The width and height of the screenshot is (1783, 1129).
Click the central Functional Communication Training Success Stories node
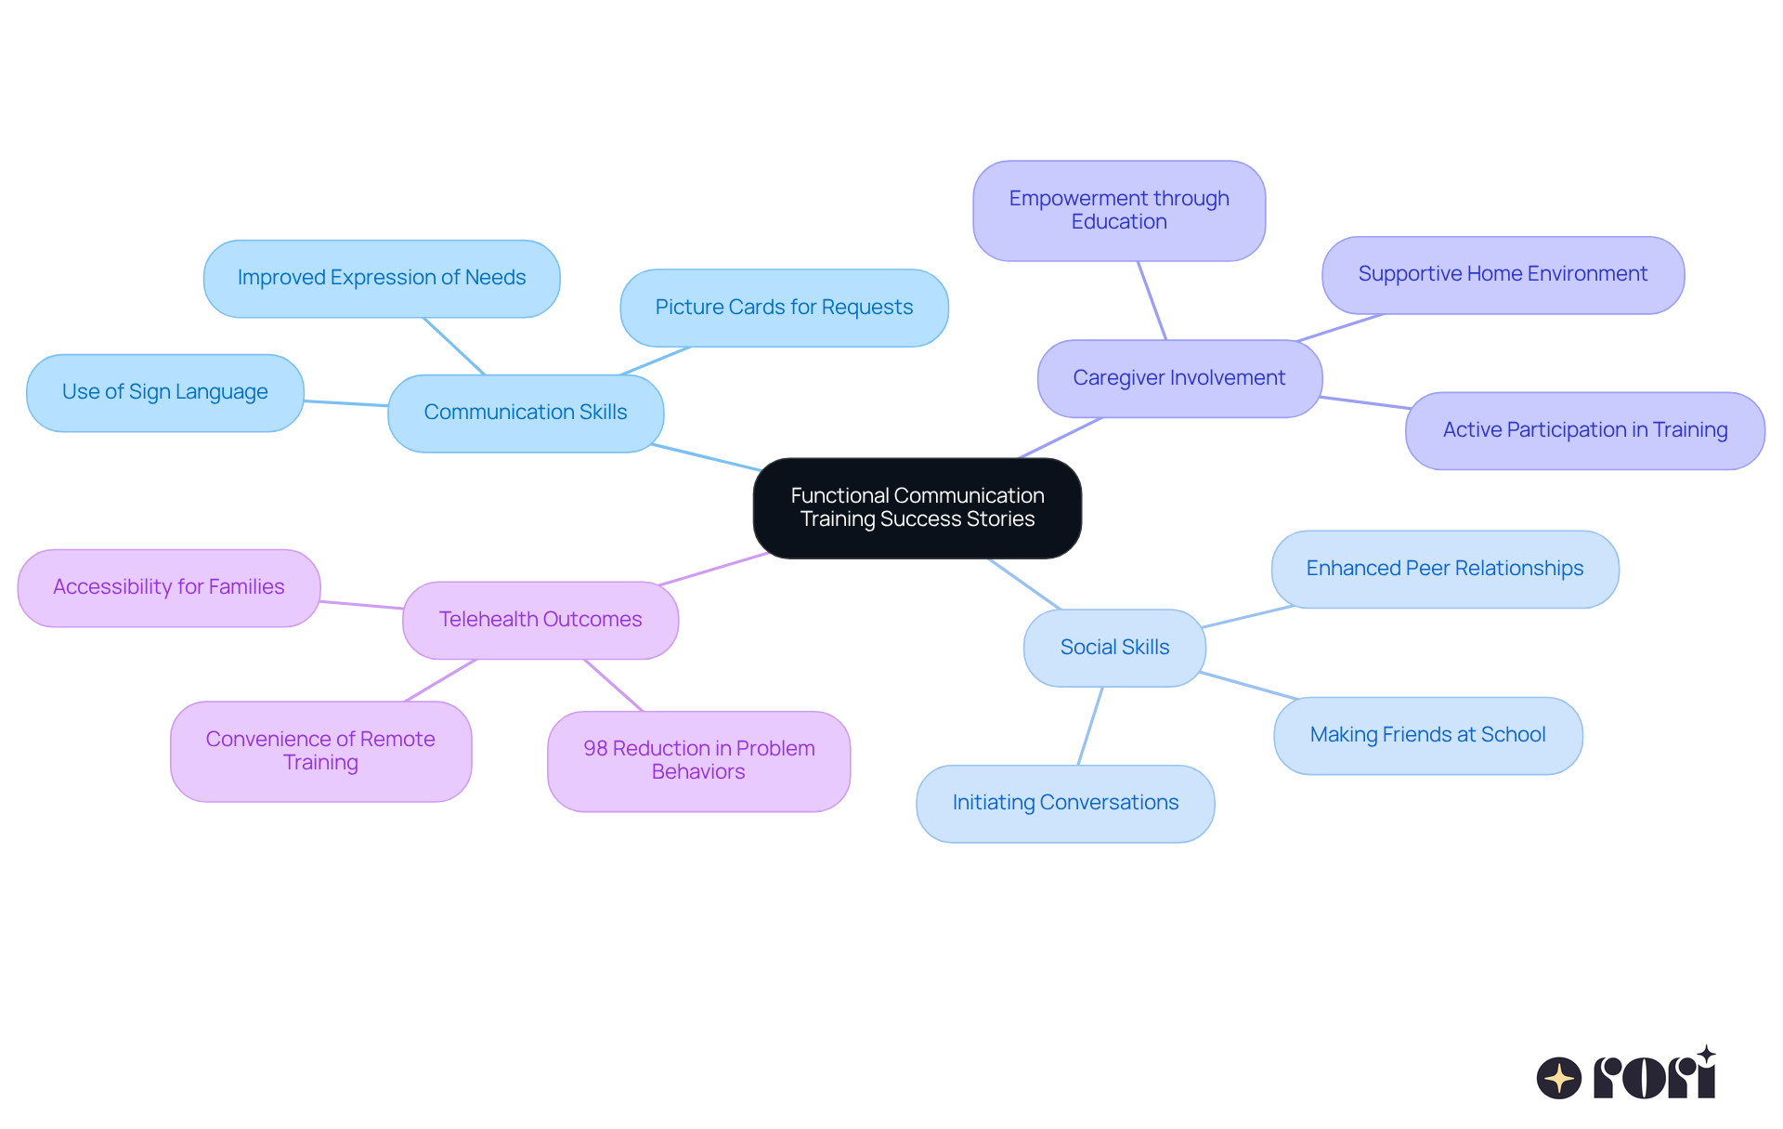pyautogui.click(x=917, y=507)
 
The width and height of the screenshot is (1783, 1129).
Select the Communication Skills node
pyautogui.click(x=526, y=413)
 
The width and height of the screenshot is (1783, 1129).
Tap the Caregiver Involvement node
pyautogui.click(x=1178, y=378)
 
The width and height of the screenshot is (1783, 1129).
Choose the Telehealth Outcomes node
pyautogui.click(x=540, y=620)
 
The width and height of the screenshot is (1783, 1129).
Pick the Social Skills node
pyautogui.click(x=1114, y=648)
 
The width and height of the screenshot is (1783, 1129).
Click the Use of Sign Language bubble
pyautogui.click(x=164, y=392)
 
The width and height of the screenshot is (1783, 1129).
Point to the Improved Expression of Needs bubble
pyautogui.click(x=381, y=278)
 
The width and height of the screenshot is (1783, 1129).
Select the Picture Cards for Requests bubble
pyautogui.click(x=784, y=308)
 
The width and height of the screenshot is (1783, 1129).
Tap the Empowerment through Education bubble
pyautogui.click(x=1118, y=210)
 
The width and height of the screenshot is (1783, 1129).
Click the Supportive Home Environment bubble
pyautogui.click(x=1502, y=274)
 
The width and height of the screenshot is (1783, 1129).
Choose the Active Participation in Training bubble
pyautogui.click(x=1584, y=430)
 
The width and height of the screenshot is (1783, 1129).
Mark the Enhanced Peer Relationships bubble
pyautogui.click(x=1444, y=569)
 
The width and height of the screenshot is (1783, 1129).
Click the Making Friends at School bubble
pyautogui.click(x=1427, y=735)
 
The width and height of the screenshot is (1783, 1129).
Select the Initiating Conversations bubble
pyautogui.click(x=1064, y=803)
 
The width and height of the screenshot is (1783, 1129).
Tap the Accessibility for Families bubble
pyautogui.click(x=168, y=587)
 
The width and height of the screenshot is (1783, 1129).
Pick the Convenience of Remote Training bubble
pyautogui.click(x=320, y=751)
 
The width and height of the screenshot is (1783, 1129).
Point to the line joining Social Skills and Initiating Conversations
pyautogui.click(x=1090, y=726)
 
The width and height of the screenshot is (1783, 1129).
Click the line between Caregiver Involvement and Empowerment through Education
pyautogui.click(x=1152, y=300)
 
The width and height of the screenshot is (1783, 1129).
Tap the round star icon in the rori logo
pyautogui.click(x=1558, y=1078)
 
